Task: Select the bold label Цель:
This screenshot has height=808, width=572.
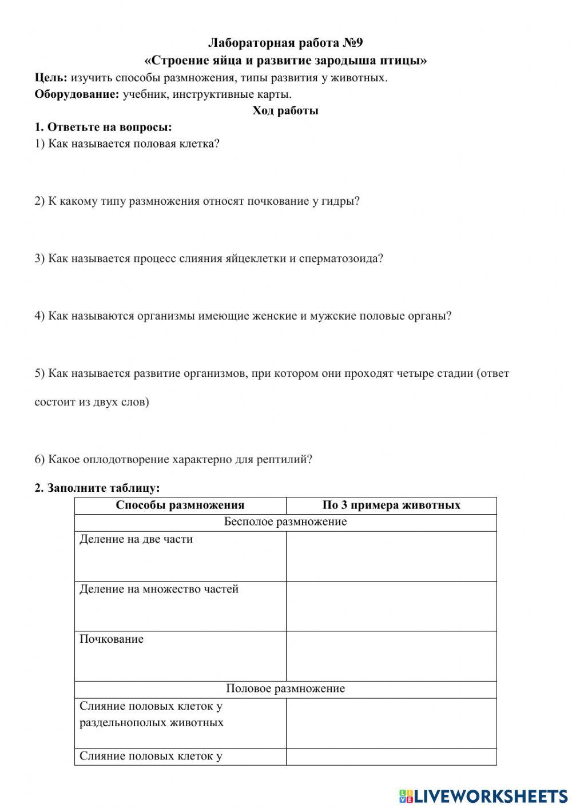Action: coord(51,78)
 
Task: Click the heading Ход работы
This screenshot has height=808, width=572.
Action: coord(285,111)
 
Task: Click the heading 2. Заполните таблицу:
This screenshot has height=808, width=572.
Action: coord(97,488)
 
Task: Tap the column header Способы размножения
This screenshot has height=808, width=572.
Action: coord(180,505)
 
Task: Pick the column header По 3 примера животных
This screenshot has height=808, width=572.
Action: coord(391,505)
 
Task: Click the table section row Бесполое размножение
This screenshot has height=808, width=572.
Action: coord(285,522)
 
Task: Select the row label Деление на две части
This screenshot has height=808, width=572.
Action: coord(136,539)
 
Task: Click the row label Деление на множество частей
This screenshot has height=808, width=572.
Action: coord(159,589)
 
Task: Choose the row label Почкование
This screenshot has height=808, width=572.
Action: coord(112,639)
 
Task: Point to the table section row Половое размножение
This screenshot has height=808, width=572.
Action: coord(285,688)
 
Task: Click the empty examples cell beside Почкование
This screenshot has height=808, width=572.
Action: coord(391,656)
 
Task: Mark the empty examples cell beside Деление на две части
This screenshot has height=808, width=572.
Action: coord(391,556)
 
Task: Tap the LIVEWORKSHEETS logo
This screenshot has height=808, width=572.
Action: coord(483,795)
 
